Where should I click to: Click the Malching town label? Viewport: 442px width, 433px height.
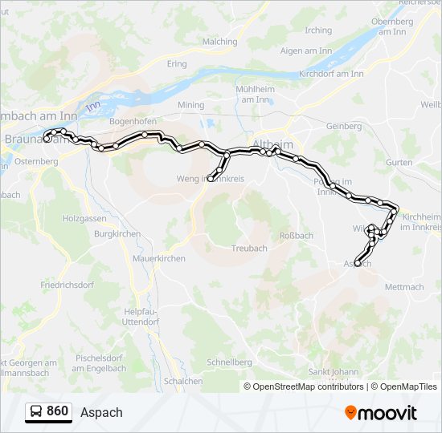(x=220, y=42)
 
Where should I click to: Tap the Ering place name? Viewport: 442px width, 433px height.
(x=177, y=64)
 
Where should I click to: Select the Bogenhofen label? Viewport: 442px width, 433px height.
(x=133, y=121)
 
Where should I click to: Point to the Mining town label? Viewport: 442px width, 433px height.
(x=191, y=105)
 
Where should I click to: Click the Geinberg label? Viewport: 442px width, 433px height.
(x=344, y=126)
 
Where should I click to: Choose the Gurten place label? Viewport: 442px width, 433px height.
(x=399, y=162)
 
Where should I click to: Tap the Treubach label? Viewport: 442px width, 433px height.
(x=249, y=249)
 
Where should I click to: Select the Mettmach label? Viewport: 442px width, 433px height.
(x=404, y=286)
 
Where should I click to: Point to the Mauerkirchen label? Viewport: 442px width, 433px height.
(x=158, y=258)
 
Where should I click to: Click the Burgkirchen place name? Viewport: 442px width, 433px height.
(x=118, y=234)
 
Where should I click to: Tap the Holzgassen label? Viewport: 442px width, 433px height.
(x=84, y=218)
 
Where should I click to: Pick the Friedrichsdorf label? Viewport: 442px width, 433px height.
(x=68, y=285)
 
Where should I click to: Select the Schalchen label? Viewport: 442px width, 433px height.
(x=182, y=382)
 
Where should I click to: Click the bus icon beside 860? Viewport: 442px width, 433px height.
(x=36, y=411)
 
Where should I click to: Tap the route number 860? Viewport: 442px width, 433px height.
(x=58, y=411)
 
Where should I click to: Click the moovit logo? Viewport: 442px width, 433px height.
(x=381, y=412)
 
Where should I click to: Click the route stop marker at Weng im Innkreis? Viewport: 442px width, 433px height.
(x=211, y=179)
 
